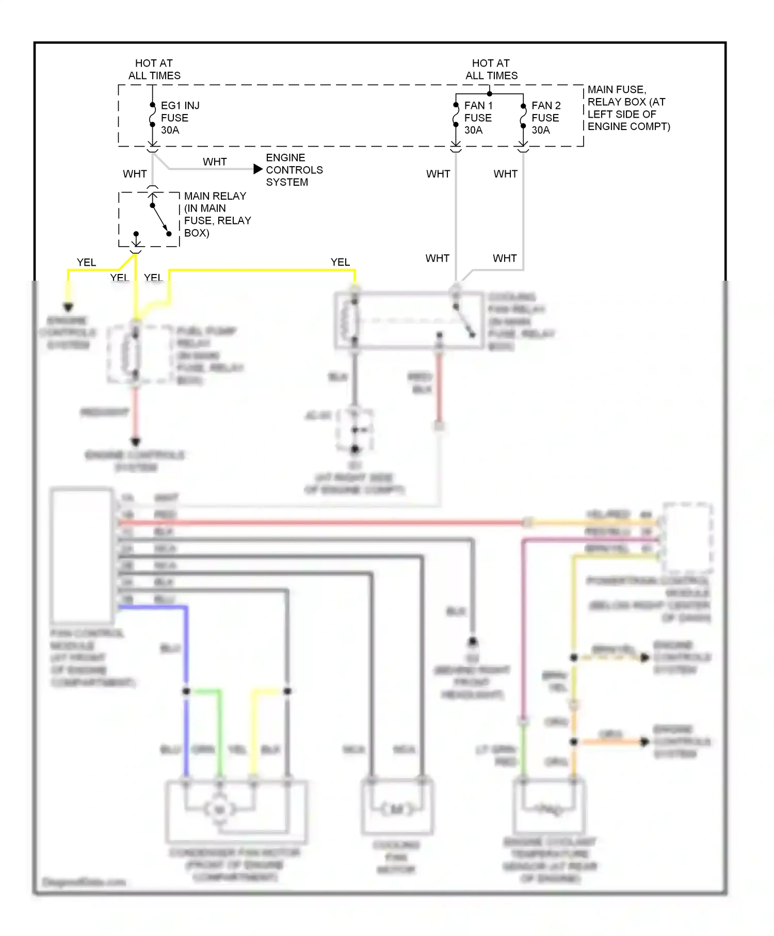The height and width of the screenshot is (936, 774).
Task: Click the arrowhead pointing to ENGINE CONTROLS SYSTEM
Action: point(258,169)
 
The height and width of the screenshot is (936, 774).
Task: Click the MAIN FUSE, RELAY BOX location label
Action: point(628,108)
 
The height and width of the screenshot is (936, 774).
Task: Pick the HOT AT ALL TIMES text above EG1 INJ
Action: point(154,69)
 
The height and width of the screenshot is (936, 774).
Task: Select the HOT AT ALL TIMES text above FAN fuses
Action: point(491,69)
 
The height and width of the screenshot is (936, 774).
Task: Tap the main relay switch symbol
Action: point(160,219)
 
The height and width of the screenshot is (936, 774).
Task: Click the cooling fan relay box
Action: point(409,320)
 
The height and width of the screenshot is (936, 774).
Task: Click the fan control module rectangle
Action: point(82,555)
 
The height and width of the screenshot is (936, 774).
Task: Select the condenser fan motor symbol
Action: point(220,809)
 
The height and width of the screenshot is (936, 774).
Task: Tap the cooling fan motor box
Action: point(396,807)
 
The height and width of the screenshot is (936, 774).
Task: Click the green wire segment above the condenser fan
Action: point(219,733)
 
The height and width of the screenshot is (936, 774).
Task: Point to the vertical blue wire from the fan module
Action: point(186,650)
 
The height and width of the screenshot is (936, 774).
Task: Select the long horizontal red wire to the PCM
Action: point(320,523)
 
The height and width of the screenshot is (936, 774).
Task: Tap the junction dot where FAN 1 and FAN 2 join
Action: point(489,94)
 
